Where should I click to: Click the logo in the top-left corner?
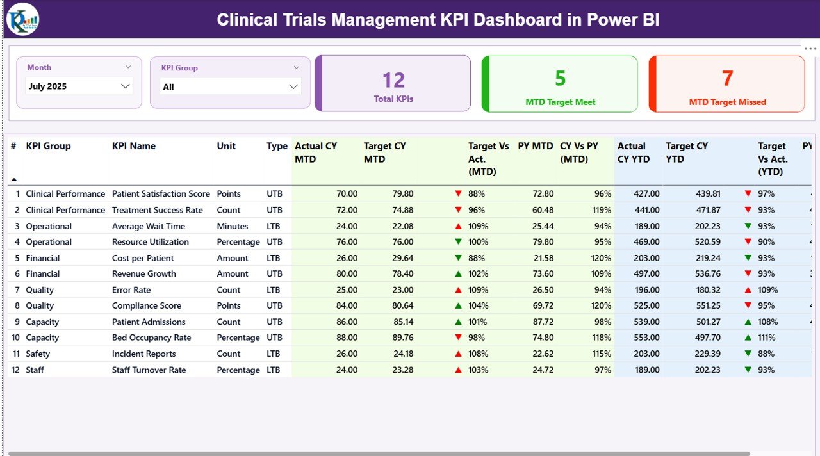click(x=22, y=19)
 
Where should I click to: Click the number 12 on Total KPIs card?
click(x=393, y=80)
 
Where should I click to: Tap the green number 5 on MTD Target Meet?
click(x=560, y=78)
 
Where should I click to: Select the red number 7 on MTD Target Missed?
click(x=727, y=78)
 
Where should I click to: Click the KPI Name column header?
click(x=133, y=146)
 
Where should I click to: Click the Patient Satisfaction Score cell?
click(x=161, y=194)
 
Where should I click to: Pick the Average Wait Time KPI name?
click(x=149, y=226)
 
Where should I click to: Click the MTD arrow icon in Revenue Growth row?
click(x=458, y=274)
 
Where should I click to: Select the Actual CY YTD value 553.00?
click(x=646, y=338)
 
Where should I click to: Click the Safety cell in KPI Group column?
click(x=38, y=354)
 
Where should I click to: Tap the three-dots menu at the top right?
click(x=810, y=49)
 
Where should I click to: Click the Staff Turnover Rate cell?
click(x=149, y=370)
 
